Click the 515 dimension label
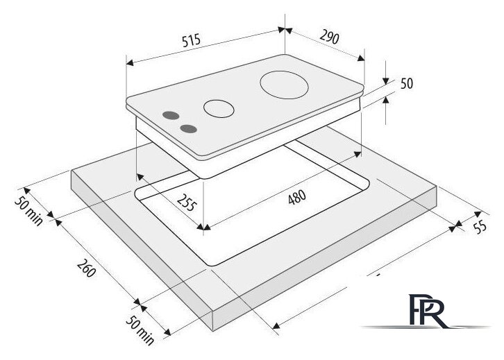191,40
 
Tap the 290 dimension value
329,37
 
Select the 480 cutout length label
296,197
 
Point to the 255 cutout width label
187,203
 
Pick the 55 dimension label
480,228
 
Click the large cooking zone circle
284,85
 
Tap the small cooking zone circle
219,108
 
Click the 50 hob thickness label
407,83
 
